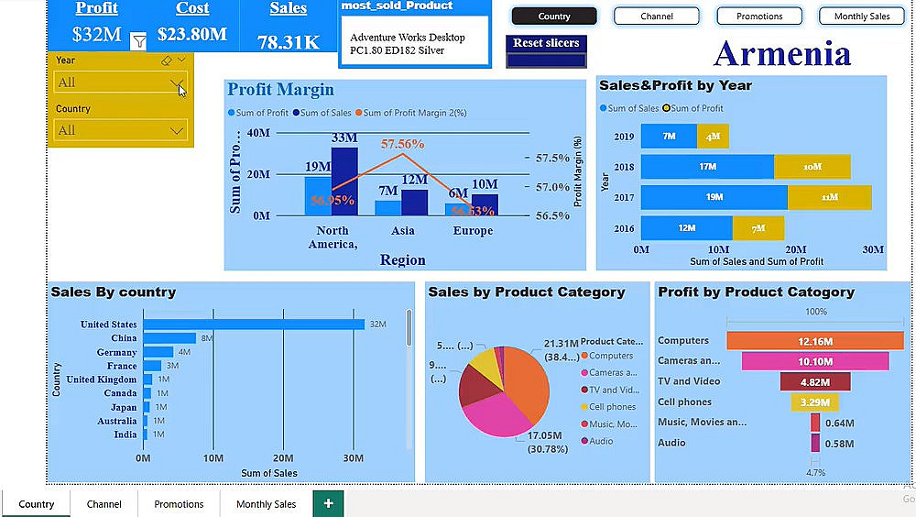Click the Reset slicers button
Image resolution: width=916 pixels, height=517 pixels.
(546, 43)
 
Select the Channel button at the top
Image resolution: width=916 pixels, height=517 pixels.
(657, 16)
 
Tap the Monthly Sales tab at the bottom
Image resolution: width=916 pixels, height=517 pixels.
(266, 504)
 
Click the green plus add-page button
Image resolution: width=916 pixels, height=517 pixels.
(328, 503)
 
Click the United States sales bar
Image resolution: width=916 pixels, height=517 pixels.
(254, 324)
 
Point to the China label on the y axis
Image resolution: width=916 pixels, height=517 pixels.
(124, 338)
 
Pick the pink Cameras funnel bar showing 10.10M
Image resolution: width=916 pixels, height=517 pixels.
(815, 361)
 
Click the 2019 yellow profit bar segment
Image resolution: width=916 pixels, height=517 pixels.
(713, 137)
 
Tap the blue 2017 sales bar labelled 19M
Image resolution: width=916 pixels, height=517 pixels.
(714, 197)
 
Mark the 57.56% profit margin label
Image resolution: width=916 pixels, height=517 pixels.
(402, 144)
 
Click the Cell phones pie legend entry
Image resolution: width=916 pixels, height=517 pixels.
(612, 407)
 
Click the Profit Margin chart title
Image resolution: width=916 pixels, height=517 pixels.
(280, 90)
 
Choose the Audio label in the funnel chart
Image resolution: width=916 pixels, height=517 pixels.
(671, 443)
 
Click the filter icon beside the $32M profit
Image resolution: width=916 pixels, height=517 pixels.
(138, 41)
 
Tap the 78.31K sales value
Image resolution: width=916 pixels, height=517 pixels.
(289, 43)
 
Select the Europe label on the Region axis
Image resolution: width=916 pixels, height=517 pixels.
(473, 231)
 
